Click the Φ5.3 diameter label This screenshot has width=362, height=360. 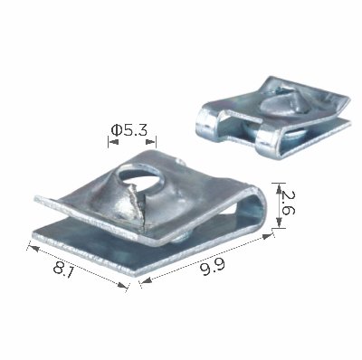pyautogui.click(x=129, y=130)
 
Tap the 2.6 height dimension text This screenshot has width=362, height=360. pyautogui.click(x=286, y=203)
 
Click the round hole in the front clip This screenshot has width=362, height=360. pyautogui.click(x=142, y=177)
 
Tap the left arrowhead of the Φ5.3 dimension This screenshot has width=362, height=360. pyautogui.click(x=113, y=142)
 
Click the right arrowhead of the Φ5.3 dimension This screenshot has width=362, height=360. pyautogui.click(x=151, y=142)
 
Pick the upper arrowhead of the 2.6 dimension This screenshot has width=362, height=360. pyautogui.click(x=279, y=188)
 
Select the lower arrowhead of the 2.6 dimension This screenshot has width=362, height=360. pyautogui.click(x=279, y=223)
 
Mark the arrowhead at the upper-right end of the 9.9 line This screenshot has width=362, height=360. pyautogui.click(x=267, y=235)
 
